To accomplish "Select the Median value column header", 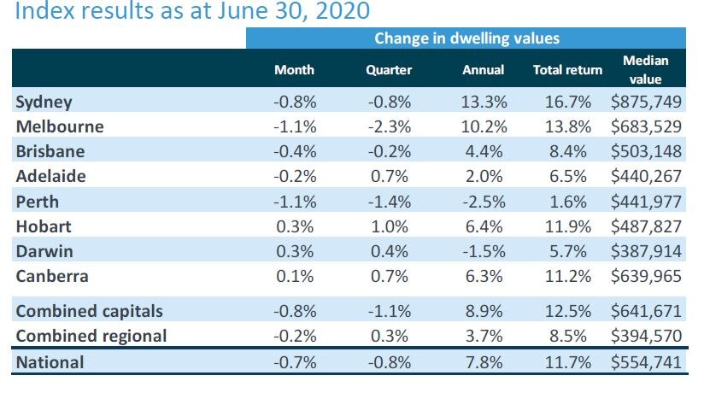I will point(646,69).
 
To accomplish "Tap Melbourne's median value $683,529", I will point(646,126).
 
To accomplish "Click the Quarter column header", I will point(389,70).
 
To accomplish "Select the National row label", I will point(50,362).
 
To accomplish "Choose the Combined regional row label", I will point(91,336).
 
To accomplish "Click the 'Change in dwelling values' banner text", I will point(466,38).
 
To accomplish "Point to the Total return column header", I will point(564,70).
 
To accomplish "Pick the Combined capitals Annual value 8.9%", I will point(484,312).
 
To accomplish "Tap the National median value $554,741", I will point(646,362).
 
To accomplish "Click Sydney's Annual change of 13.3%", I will point(484,102).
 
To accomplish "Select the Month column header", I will point(295,70).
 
